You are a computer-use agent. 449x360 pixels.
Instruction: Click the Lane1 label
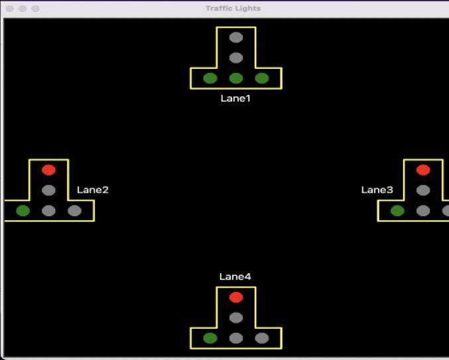click(235, 98)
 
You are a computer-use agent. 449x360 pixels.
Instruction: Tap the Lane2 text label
click(92, 190)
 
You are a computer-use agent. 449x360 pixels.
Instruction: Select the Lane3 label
click(377, 190)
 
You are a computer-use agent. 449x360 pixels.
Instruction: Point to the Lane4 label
click(235, 276)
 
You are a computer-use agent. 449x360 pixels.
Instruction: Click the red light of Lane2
click(48, 170)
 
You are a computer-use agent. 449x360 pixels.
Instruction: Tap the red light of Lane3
click(423, 170)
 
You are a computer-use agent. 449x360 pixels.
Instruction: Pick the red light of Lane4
click(236, 297)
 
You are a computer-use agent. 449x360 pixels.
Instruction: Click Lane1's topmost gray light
click(236, 37)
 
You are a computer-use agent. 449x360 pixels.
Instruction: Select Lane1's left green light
click(210, 78)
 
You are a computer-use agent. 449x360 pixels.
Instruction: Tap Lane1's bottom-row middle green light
click(236, 78)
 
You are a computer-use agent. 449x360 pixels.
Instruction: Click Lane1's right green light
click(262, 78)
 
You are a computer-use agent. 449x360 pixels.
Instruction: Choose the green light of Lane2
click(23, 211)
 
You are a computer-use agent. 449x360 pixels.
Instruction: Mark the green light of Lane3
click(397, 211)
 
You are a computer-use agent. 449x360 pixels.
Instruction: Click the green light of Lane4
click(210, 338)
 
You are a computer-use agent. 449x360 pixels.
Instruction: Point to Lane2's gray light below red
click(48, 190)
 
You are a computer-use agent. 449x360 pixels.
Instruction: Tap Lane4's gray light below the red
click(236, 318)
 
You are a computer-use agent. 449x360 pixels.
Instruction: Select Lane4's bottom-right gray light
click(262, 338)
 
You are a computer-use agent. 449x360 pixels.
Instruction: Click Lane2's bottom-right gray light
click(74, 211)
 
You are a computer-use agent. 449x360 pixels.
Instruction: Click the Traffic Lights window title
click(233, 8)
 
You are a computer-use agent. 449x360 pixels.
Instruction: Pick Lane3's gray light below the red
click(423, 190)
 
